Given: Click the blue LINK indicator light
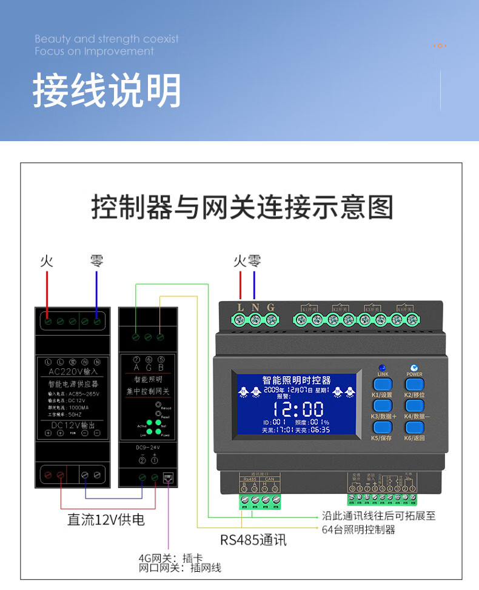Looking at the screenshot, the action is [382, 368].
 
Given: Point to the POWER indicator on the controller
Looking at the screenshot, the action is [414, 368].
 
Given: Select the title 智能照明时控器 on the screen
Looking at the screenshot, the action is [296, 380].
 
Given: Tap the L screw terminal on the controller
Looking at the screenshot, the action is [241, 319].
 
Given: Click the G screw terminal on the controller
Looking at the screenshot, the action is [271, 319].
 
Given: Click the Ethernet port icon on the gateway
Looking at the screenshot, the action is [168, 477].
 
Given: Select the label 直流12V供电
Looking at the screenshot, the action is [106, 520].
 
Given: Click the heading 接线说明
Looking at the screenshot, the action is [107, 91].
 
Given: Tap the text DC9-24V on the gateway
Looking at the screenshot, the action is [147, 448].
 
